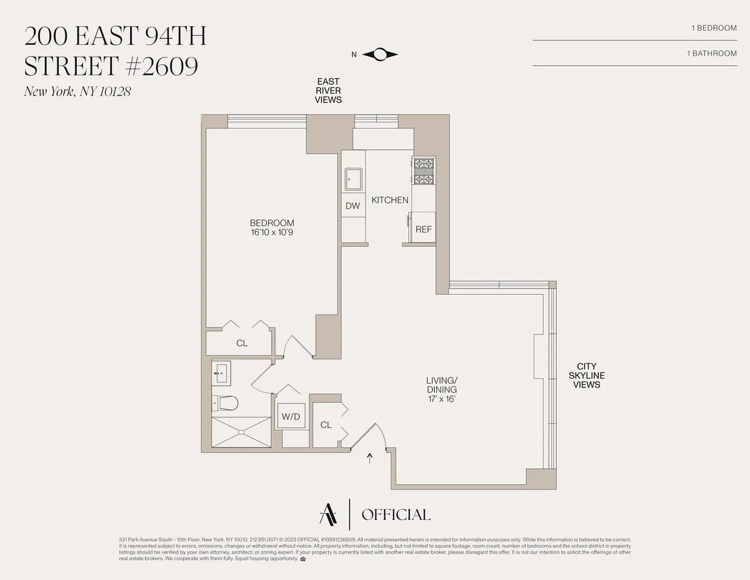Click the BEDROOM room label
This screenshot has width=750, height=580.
click(272, 223)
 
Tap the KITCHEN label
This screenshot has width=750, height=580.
click(390, 200)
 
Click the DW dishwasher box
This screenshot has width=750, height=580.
click(353, 206)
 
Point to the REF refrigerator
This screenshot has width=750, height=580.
click(423, 229)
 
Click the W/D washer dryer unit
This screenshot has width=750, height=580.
click(291, 416)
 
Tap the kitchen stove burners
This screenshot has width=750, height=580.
click(424, 172)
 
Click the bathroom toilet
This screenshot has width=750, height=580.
click(225, 403)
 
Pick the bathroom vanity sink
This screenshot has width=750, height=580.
click(221, 376)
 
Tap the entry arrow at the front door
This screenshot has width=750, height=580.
click(370, 459)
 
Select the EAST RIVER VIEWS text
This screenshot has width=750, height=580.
click(328, 91)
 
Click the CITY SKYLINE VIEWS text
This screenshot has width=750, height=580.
click(586, 376)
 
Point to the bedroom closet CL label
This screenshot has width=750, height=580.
click(242, 343)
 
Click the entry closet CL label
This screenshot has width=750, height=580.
click(326, 425)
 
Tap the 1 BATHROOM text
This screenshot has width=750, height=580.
click(711, 53)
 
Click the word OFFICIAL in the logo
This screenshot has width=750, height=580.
click(396, 515)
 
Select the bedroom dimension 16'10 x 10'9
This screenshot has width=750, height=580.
click(272, 232)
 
